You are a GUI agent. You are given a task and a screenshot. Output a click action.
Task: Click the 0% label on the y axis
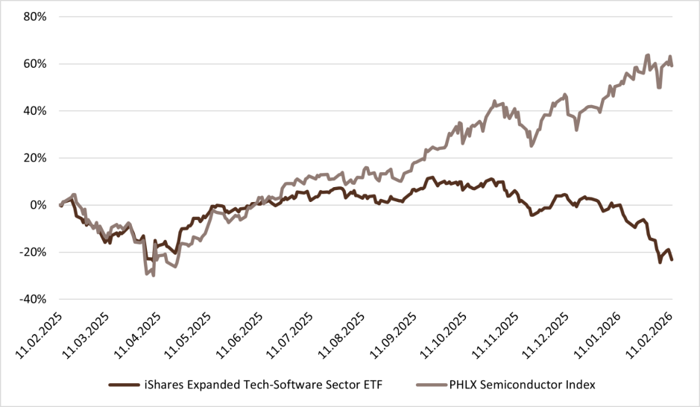(x=39, y=205)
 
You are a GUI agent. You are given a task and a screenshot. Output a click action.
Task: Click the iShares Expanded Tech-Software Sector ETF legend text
(x=262, y=385)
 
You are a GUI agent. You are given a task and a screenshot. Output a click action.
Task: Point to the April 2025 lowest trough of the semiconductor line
(x=153, y=275)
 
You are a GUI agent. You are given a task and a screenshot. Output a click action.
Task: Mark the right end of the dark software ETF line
(x=672, y=259)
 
